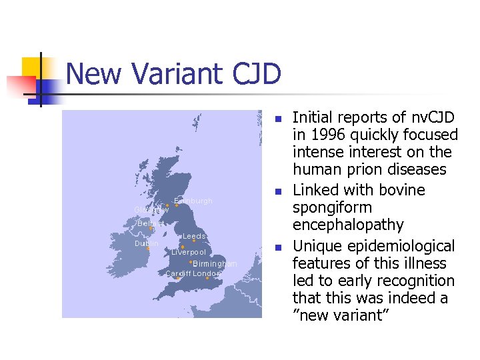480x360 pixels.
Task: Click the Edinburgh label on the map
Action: click(193, 201)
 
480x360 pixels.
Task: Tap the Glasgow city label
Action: click(151, 210)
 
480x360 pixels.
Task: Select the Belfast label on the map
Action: click(151, 223)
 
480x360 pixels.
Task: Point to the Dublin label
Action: click(147, 244)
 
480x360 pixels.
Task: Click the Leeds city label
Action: click(194, 237)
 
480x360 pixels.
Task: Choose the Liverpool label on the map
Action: click(189, 253)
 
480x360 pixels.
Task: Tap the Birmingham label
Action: click(215, 264)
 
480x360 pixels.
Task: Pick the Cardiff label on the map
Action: click(177, 274)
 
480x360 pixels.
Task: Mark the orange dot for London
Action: click(207, 279)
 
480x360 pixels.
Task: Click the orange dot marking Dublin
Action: click(148, 249)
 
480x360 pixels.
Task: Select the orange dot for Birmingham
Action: click(190, 262)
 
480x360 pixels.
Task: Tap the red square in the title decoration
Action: click(20, 87)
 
